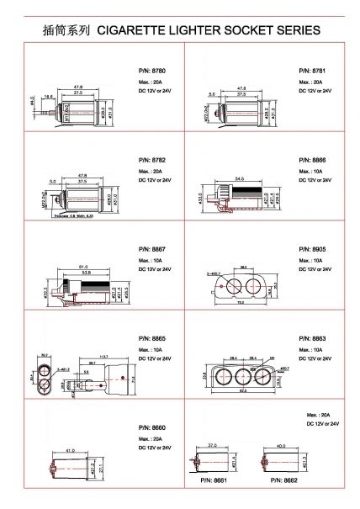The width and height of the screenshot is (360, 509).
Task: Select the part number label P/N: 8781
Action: (x=312, y=70)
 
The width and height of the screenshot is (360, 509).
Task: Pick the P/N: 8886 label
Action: (x=312, y=159)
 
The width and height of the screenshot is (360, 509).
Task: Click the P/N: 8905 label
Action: (x=312, y=250)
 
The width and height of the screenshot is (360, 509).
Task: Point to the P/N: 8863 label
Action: (x=312, y=339)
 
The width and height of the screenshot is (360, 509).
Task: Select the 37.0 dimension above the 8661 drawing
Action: (x=212, y=445)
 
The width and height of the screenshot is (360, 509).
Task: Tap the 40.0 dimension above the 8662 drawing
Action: (x=281, y=445)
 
